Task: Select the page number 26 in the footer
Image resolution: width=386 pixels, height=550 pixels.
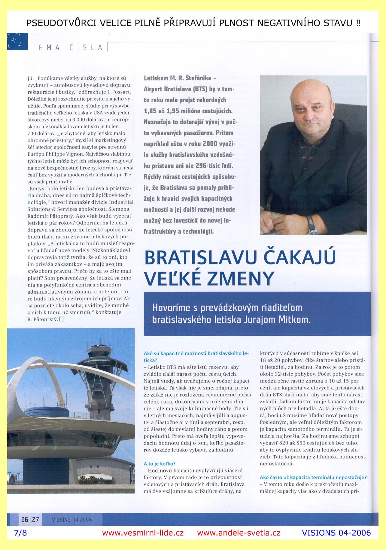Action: coord(25,519)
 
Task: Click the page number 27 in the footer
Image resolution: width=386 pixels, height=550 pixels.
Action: coord(35,519)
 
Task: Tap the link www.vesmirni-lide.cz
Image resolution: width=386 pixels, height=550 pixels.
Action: coord(143,533)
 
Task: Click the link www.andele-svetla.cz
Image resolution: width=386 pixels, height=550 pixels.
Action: coord(239,533)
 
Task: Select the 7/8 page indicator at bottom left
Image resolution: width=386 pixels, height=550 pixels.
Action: coord(20,533)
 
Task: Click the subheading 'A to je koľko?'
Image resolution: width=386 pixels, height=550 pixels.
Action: coord(160,464)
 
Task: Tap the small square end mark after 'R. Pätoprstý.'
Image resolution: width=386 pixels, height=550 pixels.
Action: coord(62,319)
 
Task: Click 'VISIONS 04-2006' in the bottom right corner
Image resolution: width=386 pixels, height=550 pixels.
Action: coord(336,533)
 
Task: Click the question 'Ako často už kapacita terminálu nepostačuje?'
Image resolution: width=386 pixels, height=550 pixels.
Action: coord(313,477)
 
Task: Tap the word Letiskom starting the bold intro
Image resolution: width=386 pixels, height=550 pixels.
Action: coord(156,78)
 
